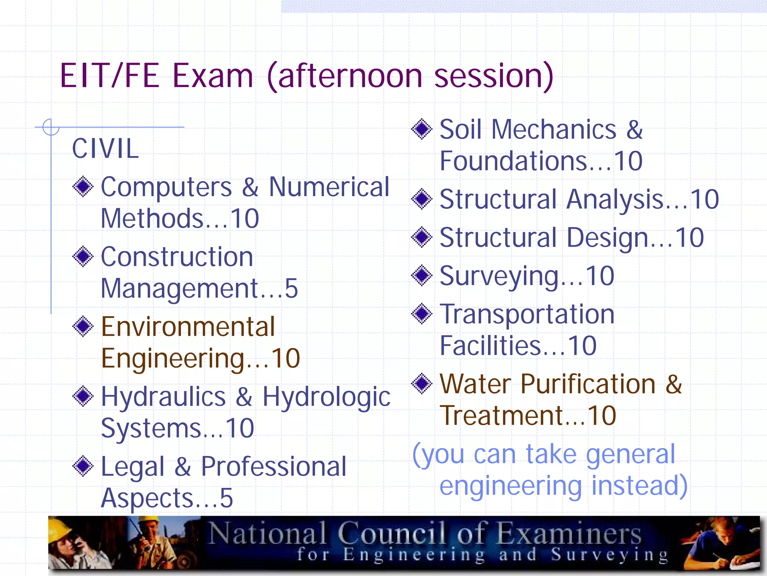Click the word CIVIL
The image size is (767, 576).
(105, 148)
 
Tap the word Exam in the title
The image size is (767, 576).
(213, 76)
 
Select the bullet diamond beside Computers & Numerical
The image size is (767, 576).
(83, 186)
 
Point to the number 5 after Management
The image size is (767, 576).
(291, 288)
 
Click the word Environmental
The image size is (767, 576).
(188, 327)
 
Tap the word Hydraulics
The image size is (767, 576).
(163, 397)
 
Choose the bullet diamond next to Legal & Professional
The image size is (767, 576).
(83, 466)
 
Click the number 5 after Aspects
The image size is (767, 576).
(226, 498)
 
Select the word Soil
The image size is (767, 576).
(461, 129)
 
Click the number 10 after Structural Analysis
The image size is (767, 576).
(704, 199)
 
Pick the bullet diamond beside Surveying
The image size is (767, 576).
(422, 275)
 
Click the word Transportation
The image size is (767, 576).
(527, 314)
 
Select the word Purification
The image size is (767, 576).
(588, 384)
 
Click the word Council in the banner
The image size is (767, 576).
(392, 533)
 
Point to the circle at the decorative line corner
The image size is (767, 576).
(51, 127)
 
